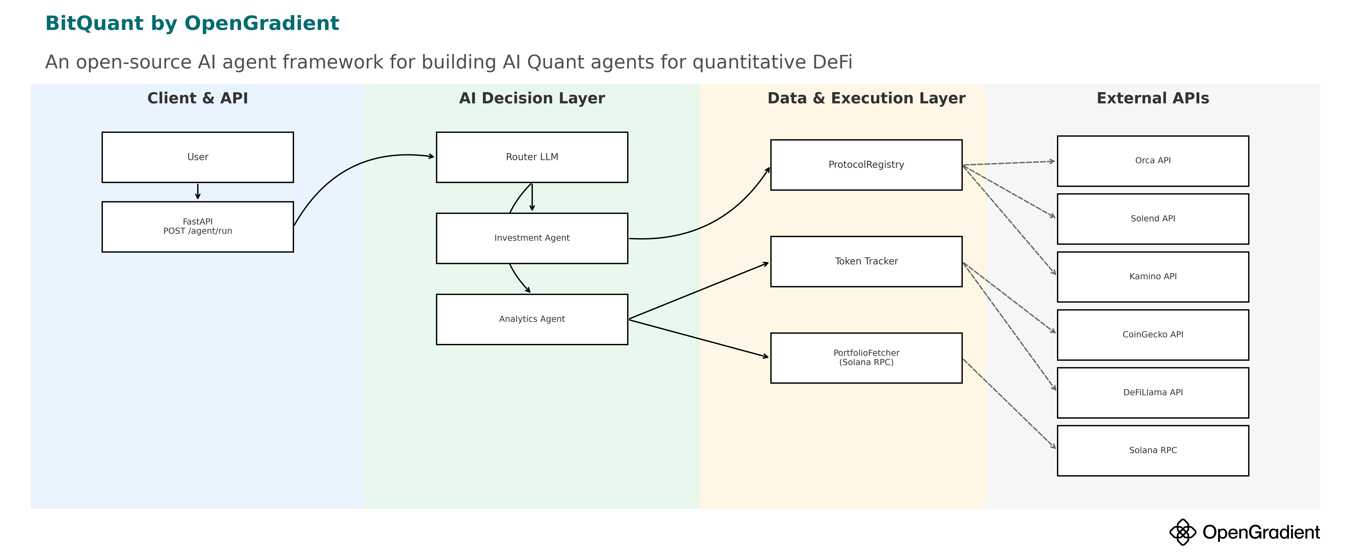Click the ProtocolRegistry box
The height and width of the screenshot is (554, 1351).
pos(866,165)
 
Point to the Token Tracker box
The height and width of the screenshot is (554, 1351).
pos(866,261)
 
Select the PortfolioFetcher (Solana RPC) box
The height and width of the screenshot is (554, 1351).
pos(866,358)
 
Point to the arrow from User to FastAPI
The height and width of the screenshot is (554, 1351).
pos(198,191)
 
